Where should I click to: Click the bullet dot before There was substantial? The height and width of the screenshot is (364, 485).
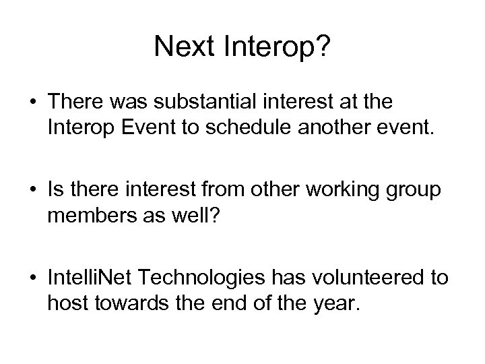tap(33, 102)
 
